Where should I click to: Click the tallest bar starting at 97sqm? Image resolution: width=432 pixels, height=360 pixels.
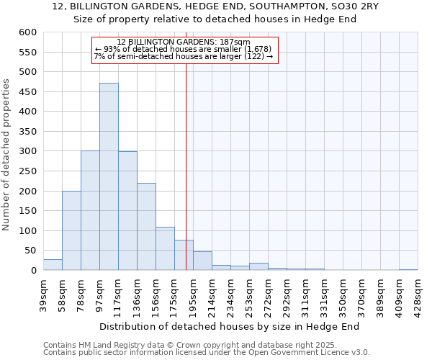pos(109,176)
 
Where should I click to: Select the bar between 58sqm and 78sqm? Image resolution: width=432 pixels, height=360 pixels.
pos(71,230)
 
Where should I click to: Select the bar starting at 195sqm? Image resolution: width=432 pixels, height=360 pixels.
pos(202,261)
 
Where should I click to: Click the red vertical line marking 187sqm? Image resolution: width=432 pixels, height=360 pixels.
pos(186,166)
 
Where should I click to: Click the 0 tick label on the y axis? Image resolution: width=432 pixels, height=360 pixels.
pos(33,271)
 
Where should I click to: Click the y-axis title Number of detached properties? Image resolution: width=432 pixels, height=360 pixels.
pos(7,156)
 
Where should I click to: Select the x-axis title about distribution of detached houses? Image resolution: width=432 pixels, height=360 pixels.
pos(230,326)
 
